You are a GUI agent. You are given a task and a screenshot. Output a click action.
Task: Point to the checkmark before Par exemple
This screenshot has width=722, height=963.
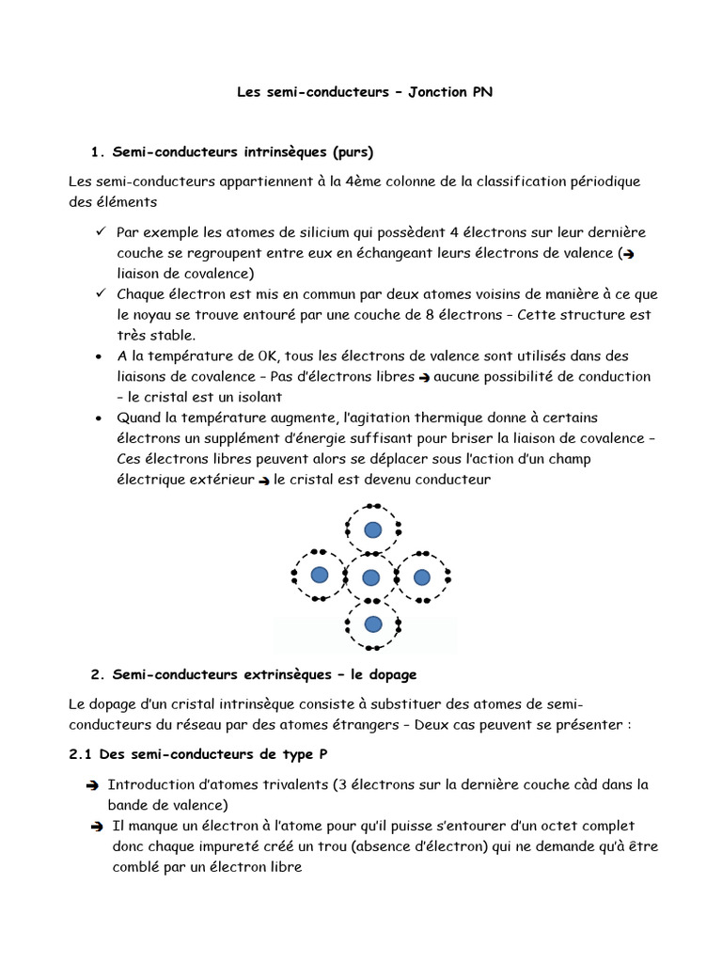pyautogui.click(x=101, y=231)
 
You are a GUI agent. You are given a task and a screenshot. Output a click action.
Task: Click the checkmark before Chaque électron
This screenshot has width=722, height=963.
pyautogui.click(x=101, y=294)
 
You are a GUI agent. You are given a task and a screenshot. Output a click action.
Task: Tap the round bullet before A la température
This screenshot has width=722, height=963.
pyautogui.click(x=100, y=357)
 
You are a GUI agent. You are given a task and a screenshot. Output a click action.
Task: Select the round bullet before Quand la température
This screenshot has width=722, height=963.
pyautogui.click(x=100, y=418)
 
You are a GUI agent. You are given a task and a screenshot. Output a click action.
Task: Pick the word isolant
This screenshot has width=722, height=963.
pyautogui.click(x=257, y=397)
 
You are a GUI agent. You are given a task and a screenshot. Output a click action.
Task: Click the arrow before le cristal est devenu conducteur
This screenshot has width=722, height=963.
pyautogui.click(x=264, y=481)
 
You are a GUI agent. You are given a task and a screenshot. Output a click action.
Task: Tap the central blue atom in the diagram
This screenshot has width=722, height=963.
pyautogui.click(x=371, y=577)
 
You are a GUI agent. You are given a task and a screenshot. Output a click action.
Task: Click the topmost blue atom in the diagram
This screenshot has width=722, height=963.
pyautogui.click(x=373, y=529)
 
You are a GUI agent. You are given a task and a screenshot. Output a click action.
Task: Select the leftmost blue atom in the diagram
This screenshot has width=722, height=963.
pyautogui.click(x=320, y=575)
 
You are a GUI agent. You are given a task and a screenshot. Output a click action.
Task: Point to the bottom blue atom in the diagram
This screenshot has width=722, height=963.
pyautogui.click(x=373, y=624)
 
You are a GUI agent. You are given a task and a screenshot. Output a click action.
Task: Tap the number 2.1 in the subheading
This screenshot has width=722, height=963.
pyautogui.click(x=81, y=756)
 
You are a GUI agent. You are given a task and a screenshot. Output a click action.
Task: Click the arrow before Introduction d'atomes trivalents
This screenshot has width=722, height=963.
pyautogui.click(x=91, y=785)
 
